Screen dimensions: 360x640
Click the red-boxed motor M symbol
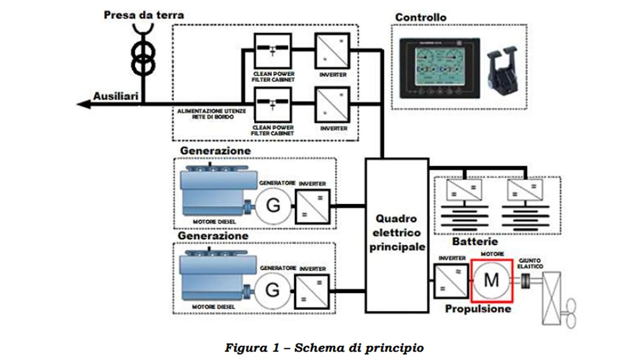coord(491,281)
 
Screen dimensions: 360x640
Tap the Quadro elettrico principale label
coord(397,233)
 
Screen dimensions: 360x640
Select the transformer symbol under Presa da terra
coord(143,58)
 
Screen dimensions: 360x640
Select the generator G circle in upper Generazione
coord(273,205)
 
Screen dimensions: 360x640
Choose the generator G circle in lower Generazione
coord(272,290)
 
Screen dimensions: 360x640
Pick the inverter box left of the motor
coord(451,281)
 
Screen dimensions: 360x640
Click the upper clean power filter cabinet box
coord(273,51)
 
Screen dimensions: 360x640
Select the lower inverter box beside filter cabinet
coord(332,105)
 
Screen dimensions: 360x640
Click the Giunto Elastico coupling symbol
coord(526,281)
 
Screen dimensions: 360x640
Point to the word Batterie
coord(475,242)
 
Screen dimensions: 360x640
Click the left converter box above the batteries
coord(464,190)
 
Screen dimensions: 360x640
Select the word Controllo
coord(421,17)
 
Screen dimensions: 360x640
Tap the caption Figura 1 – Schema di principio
coord(324,348)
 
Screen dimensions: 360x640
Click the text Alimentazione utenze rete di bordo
coord(212,114)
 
